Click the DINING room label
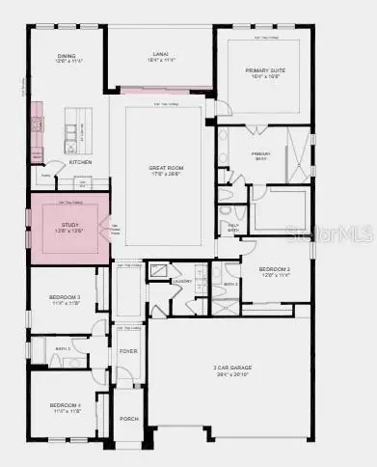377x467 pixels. pos(65,57)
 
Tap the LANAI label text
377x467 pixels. pos(159,56)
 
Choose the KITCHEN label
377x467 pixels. pos(81,162)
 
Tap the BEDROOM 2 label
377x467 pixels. pos(276,271)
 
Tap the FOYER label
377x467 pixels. pos(127,351)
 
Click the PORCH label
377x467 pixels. pos(127,420)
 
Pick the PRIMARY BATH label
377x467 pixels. pos(261,153)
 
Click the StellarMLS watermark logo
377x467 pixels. pos(337,231)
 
